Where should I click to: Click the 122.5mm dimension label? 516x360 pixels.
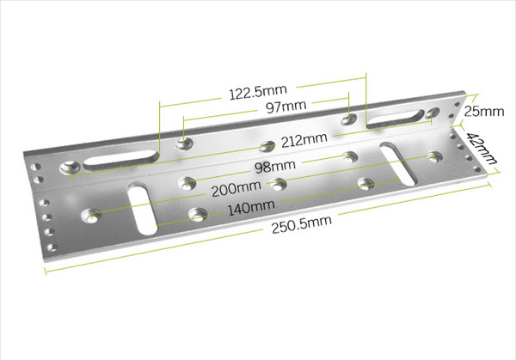[x=258, y=92]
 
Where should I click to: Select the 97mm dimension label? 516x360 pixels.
[x=286, y=107]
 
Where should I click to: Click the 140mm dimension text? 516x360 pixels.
[x=251, y=207]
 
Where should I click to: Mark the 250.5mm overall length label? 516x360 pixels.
[x=302, y=224]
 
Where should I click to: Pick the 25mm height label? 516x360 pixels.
[x=483, y=112]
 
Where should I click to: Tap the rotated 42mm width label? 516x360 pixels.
[x=482, y=148]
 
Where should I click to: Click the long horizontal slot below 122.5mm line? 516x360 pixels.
[x=120, y=160]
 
